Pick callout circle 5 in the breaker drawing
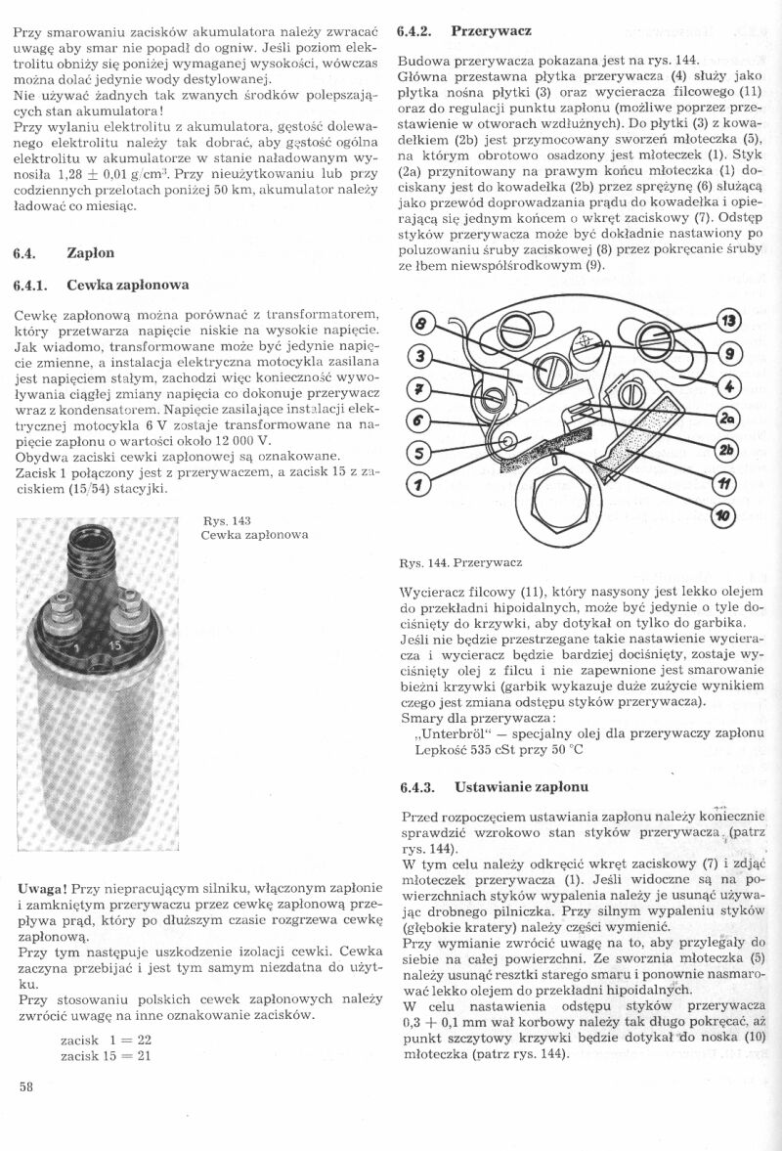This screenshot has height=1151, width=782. [x=418, y=452]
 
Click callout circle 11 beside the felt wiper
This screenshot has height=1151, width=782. [x=725, y=483]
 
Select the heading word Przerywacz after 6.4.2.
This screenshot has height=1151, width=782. [x=491, y=30]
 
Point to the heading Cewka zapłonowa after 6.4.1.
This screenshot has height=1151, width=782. [x=127, y=286]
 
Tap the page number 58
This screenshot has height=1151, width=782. [x=25, y=1114]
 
